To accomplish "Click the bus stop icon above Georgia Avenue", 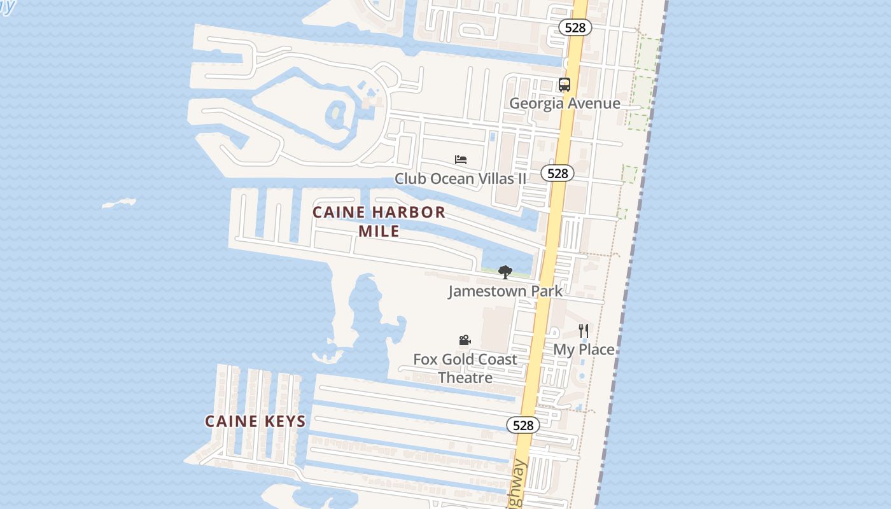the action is point(565,85).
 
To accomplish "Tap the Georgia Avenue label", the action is point(565,103).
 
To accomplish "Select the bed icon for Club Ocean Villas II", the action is point(461,160).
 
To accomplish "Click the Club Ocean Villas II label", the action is point(460,179).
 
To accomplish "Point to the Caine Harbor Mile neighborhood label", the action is point(379,221).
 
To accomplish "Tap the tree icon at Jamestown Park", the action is point(505,272).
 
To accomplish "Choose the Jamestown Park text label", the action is point(505,291).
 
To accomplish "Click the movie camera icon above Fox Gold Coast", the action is point(465,340).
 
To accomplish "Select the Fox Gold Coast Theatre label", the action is point(465,368).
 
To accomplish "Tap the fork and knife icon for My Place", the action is point(584,331).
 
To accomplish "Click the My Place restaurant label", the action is point(584,349).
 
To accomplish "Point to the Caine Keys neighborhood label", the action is point(255,421).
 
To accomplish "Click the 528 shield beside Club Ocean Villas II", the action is point(558,173).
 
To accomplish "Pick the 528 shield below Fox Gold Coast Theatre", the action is point(523,425).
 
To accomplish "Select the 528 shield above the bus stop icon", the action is point(575,27).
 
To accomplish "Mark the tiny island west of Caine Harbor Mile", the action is point(119,204).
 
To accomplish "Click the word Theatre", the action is point(465,378).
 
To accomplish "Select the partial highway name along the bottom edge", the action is point(518,487).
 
